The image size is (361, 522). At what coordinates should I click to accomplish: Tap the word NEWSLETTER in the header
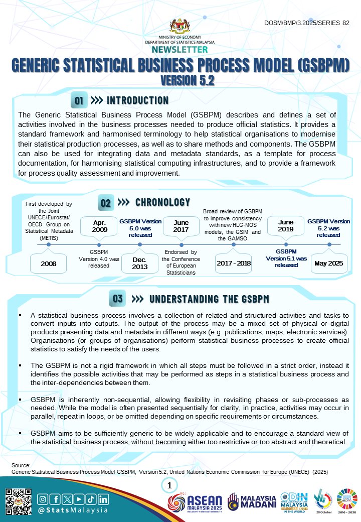click(180, 50)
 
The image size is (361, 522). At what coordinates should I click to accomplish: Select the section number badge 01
click(79, 100)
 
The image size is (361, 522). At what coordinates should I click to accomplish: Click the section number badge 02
click(106, 203)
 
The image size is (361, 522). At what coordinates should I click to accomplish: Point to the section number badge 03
click(118, 299)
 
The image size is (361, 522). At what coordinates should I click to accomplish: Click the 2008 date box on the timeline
click(49, 264)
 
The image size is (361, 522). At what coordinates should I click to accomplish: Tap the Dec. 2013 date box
click(140, 264)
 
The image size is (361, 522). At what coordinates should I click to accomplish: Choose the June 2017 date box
click(181, 226)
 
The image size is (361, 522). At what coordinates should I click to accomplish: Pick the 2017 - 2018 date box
click(233, 264)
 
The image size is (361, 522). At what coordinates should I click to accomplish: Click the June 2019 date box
click(286, 226)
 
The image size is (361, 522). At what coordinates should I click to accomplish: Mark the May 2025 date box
click(329, 264)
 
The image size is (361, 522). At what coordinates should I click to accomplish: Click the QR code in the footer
click(19, 502)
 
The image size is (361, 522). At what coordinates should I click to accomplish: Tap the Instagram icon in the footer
click(44, 499)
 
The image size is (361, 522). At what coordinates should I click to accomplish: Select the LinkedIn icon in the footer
click(103, 499)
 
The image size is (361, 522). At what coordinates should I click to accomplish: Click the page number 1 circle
click(169, 485)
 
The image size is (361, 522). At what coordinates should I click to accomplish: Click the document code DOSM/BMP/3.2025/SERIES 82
click(306, 23)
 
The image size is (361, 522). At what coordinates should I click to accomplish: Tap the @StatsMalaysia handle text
click(73, 510)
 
